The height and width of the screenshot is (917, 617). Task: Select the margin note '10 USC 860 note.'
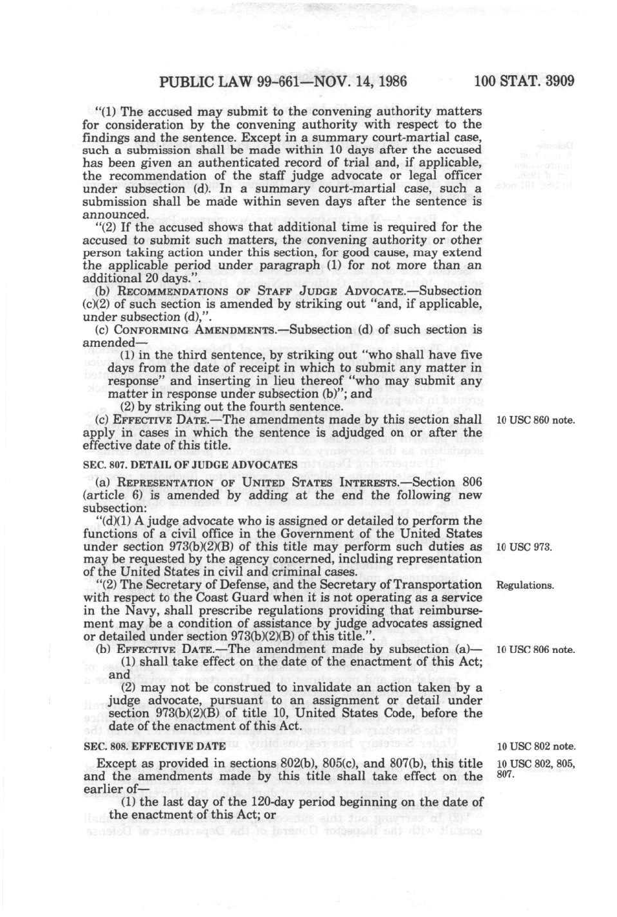(x=535, y=420)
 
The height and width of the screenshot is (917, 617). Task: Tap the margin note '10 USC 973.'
(x=524, y=547)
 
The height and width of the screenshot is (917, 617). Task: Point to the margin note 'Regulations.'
(x=524, y=586)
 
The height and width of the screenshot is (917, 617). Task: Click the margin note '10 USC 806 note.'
(x=535, y=650)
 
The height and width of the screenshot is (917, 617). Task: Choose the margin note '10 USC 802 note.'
(x=535, y=746)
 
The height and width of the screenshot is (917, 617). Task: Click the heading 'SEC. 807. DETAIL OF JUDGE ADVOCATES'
(x=190, y=465)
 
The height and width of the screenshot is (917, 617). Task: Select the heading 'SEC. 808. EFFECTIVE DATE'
(x=154, y=746)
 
